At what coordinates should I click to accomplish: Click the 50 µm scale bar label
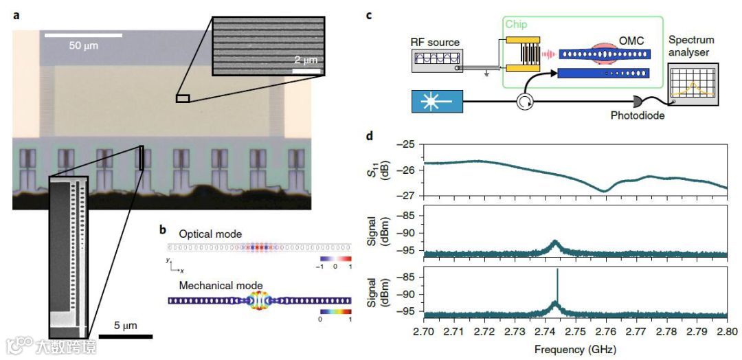(85, 45)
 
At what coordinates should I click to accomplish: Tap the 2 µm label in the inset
(305, 60)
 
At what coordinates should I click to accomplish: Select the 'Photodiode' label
(638, 116)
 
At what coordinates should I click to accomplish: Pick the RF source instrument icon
(438, 60)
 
